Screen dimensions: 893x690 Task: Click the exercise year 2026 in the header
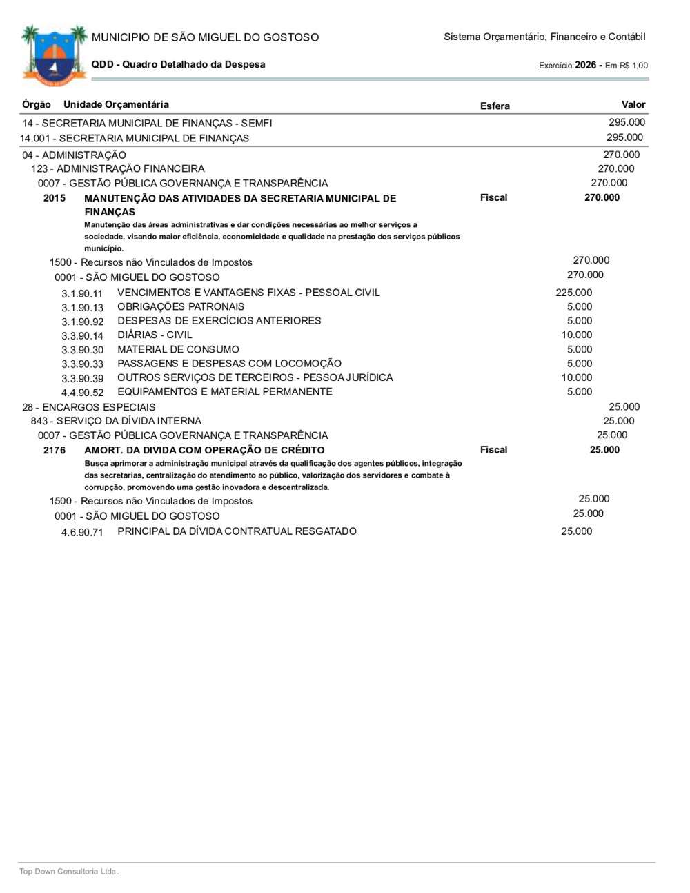(x=585, y=65)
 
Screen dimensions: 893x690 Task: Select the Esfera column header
(x=495, y=106)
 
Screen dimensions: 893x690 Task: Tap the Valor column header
(x=633, y=104)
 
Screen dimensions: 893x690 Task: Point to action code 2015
(x=55, y=198)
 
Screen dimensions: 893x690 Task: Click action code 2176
(x=55, y=450)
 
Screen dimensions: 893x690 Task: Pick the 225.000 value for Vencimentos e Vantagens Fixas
(x=573, y=293)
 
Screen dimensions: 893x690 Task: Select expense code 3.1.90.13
(x=82, y=308)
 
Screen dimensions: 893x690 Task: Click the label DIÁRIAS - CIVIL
(x=155, y=335)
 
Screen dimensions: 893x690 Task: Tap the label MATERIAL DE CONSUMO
(x=178, y=349)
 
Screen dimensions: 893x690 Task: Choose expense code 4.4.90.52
(x=82, y=393)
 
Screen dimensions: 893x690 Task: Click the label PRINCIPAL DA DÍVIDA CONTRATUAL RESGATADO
(x=237, y=531)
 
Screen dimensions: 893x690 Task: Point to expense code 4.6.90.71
(x=82, y=532)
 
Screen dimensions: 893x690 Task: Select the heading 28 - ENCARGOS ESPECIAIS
(x=89, y=407)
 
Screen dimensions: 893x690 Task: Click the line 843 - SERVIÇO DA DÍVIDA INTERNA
(x=116, y=421)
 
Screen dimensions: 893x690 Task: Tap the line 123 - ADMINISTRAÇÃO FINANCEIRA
(x=117, y=168)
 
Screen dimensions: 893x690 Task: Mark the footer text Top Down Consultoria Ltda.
(x=69, y=871)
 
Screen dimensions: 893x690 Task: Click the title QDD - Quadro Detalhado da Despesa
(x=178, y=64)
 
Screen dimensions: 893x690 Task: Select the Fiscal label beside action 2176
(x=493, y=450)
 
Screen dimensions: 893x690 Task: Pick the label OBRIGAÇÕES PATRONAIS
(x=181, y=306)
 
